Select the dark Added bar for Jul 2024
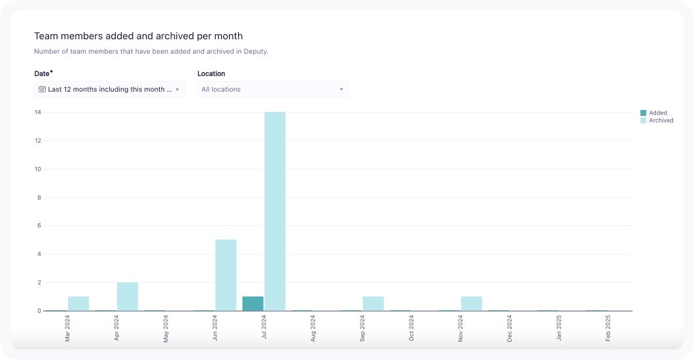click(x=252, y=304)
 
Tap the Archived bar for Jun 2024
click(x=226, y=275)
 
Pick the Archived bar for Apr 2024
click(x=128, y=297)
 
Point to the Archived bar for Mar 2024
click(x=78, y=304)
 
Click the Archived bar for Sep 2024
click(x=373, y=304)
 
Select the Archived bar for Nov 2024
click(x=472, y=304)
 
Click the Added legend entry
click(x=657, y=113)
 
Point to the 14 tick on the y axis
click(x=38, y=113)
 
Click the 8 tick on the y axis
click(x=39, y=198)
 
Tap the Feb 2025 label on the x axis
click(x=608, y=328)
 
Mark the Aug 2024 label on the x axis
click(x=313, y=328)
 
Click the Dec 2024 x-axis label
click(x=510, y=328)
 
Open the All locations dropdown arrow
click(x=341, y=90)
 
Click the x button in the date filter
click(x=177, y=90)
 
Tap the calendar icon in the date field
click(x=42, y=89)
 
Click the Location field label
click(x=211, y=74)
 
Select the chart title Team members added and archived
click(x=138, y=36)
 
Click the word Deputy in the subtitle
click(x=255, y=51)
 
